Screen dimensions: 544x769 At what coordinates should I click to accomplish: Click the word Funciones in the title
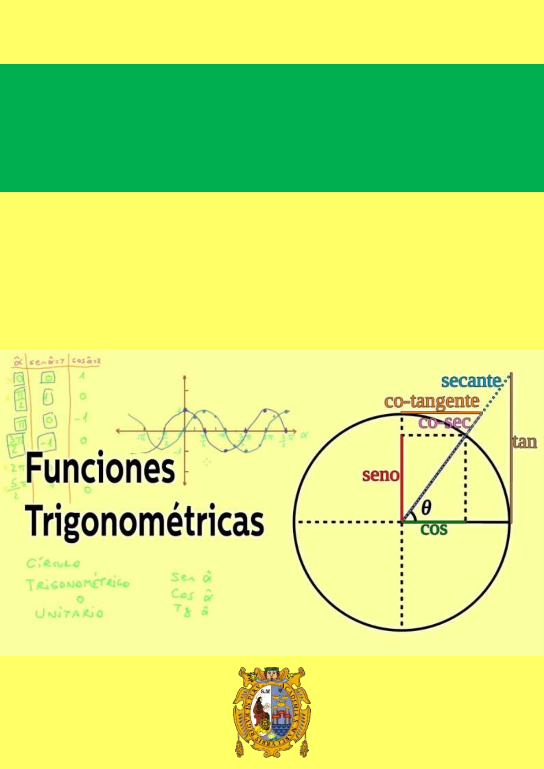100,468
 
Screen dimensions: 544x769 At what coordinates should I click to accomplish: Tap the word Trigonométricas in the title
145,521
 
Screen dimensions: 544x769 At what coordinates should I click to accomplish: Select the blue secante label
471,381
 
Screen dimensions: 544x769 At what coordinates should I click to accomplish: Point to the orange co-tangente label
432,401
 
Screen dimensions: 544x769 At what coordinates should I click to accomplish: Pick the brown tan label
524,442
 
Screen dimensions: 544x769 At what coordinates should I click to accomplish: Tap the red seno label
380,475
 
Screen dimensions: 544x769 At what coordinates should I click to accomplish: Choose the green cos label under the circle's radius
433,529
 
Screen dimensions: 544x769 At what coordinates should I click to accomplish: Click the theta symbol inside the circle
426,507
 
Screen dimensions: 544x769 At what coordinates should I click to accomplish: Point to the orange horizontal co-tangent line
441,413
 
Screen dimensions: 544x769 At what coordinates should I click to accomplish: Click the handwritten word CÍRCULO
53,564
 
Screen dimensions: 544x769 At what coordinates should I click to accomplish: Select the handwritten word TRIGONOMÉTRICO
78,584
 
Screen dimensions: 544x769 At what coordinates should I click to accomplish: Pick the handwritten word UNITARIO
69,613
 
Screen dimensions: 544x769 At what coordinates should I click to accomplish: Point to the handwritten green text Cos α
192,595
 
